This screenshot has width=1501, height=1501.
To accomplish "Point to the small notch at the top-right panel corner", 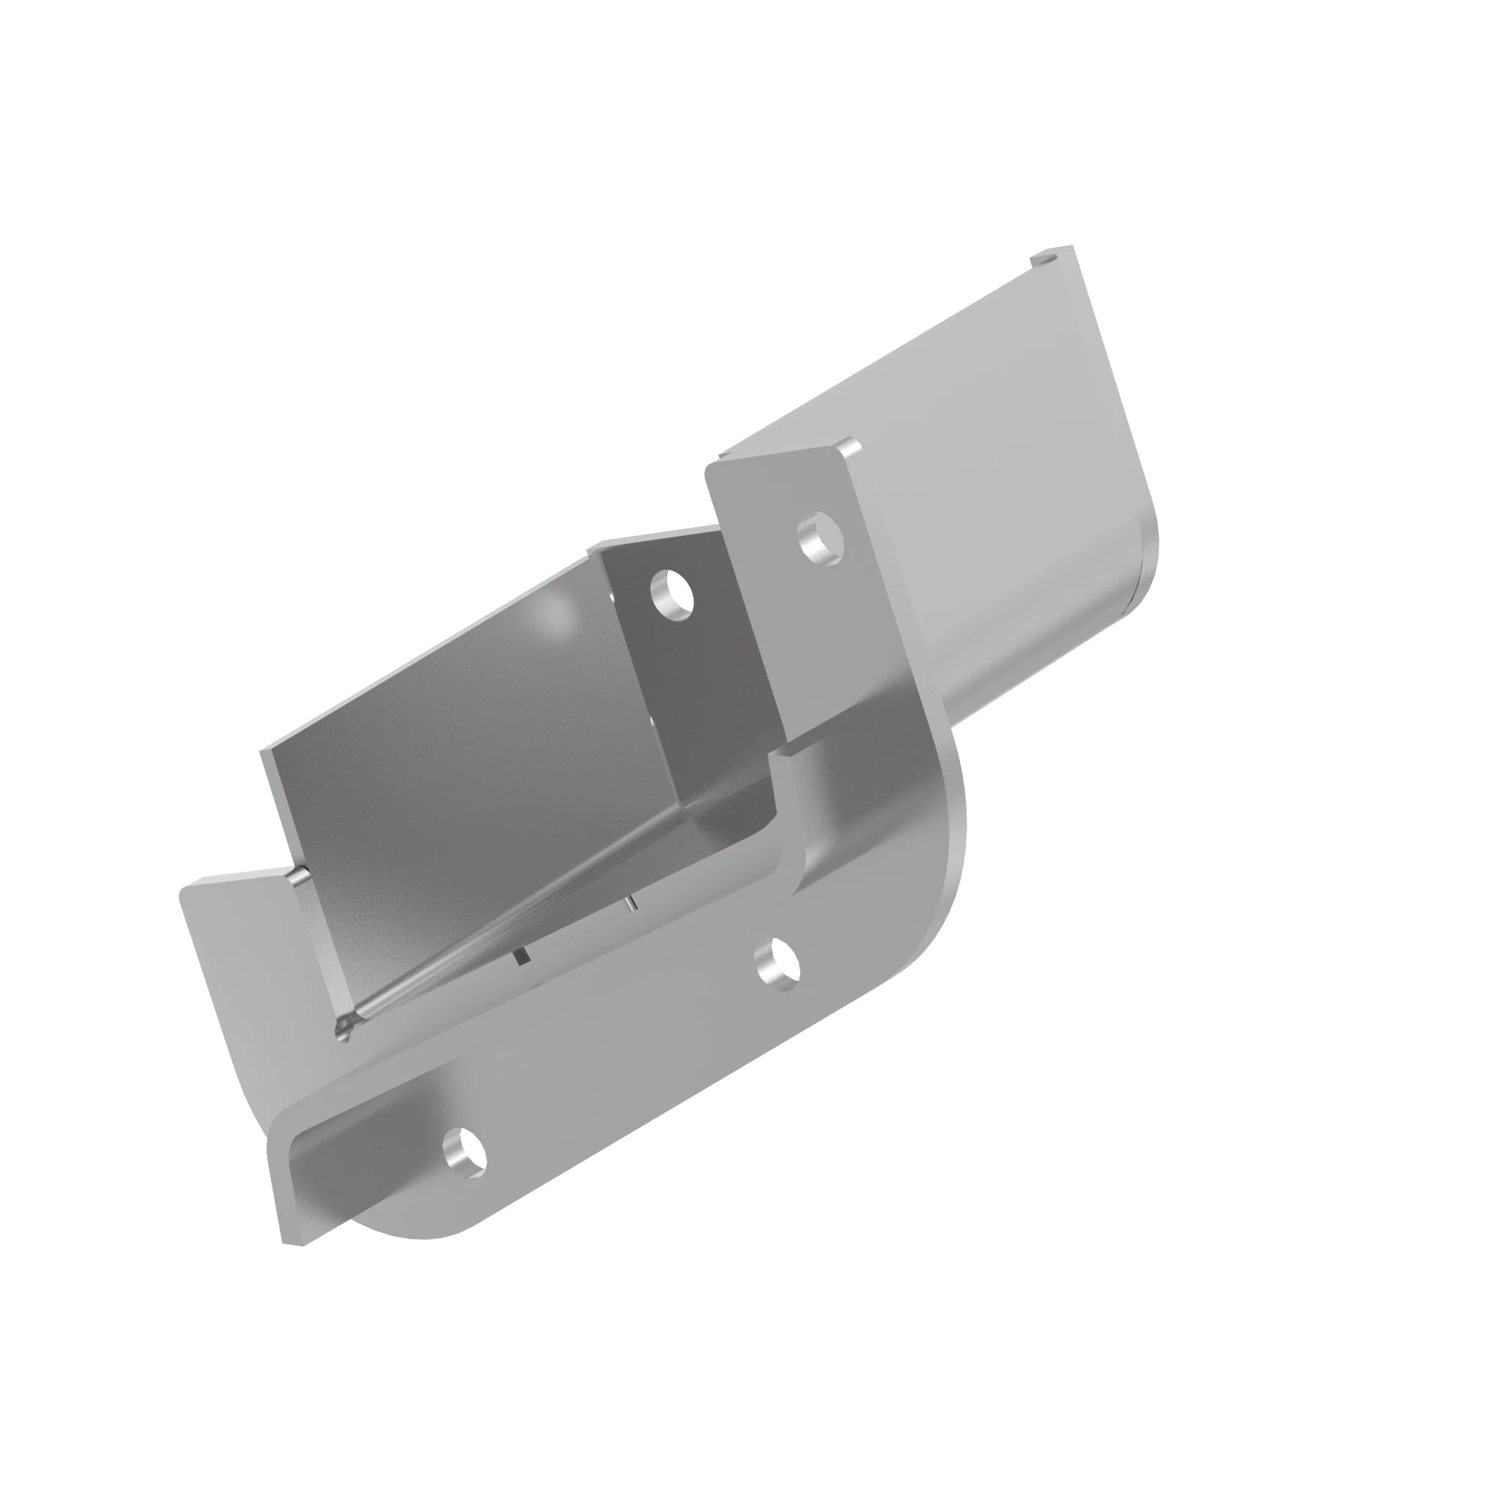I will (1044, 257).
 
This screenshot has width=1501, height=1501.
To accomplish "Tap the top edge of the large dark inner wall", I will (427, 668).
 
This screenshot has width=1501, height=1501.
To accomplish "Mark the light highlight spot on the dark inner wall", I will (555, 614).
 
